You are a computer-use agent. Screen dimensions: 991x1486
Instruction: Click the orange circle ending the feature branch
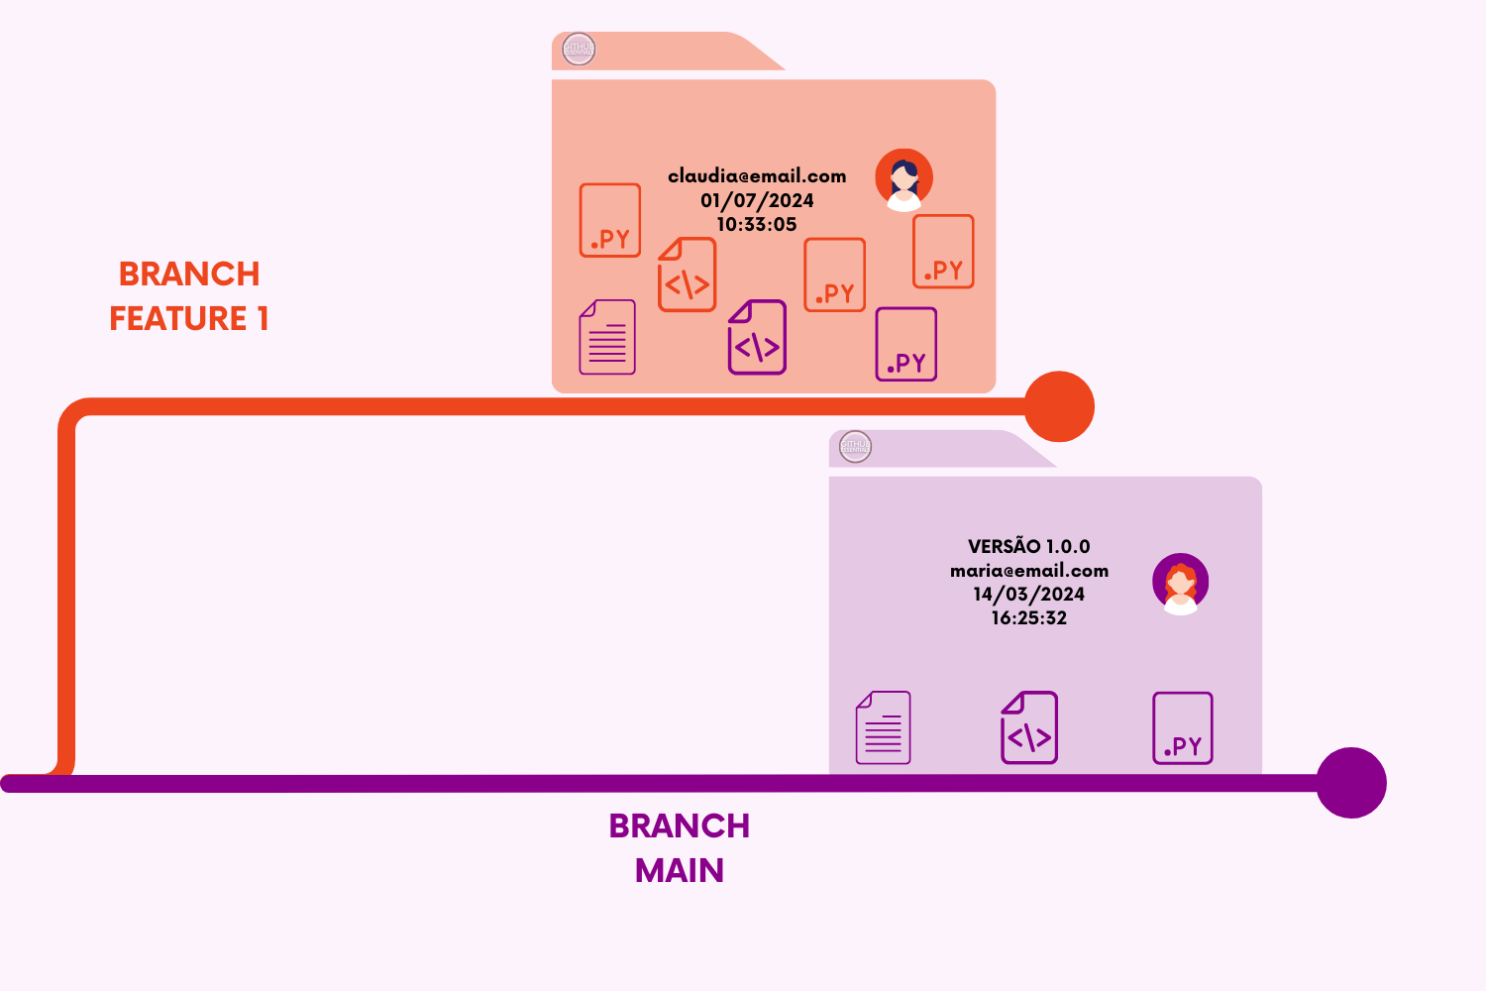1059,406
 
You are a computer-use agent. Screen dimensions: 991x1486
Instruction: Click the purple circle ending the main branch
1350,783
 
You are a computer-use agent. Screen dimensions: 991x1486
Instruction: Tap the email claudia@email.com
757,176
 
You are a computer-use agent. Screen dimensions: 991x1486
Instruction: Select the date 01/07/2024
757,200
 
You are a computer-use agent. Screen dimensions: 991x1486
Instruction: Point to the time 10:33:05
757,225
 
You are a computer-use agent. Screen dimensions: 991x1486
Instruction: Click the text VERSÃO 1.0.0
1028,546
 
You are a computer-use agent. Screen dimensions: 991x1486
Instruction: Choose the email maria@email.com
1028,571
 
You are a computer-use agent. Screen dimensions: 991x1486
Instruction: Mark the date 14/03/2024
1028,595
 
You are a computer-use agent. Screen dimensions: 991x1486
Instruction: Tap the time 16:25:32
1028,618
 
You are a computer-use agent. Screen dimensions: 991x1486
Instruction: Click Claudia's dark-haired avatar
903,179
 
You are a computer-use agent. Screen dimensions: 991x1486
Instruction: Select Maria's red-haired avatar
1180,583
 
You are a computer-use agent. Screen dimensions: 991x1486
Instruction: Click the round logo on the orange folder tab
579,49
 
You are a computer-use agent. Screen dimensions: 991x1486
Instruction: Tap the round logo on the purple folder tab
855,447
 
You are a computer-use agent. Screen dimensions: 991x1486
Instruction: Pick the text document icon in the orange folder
607,337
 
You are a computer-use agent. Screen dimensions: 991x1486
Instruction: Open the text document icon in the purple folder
883,727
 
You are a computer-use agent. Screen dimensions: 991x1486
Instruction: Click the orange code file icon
687,275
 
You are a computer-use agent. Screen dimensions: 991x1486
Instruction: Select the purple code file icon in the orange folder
757,337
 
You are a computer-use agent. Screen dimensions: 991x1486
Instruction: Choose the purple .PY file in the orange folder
905,344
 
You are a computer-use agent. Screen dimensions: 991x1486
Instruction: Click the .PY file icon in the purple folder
1182,728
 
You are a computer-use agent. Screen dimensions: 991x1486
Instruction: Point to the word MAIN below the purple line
680,870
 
